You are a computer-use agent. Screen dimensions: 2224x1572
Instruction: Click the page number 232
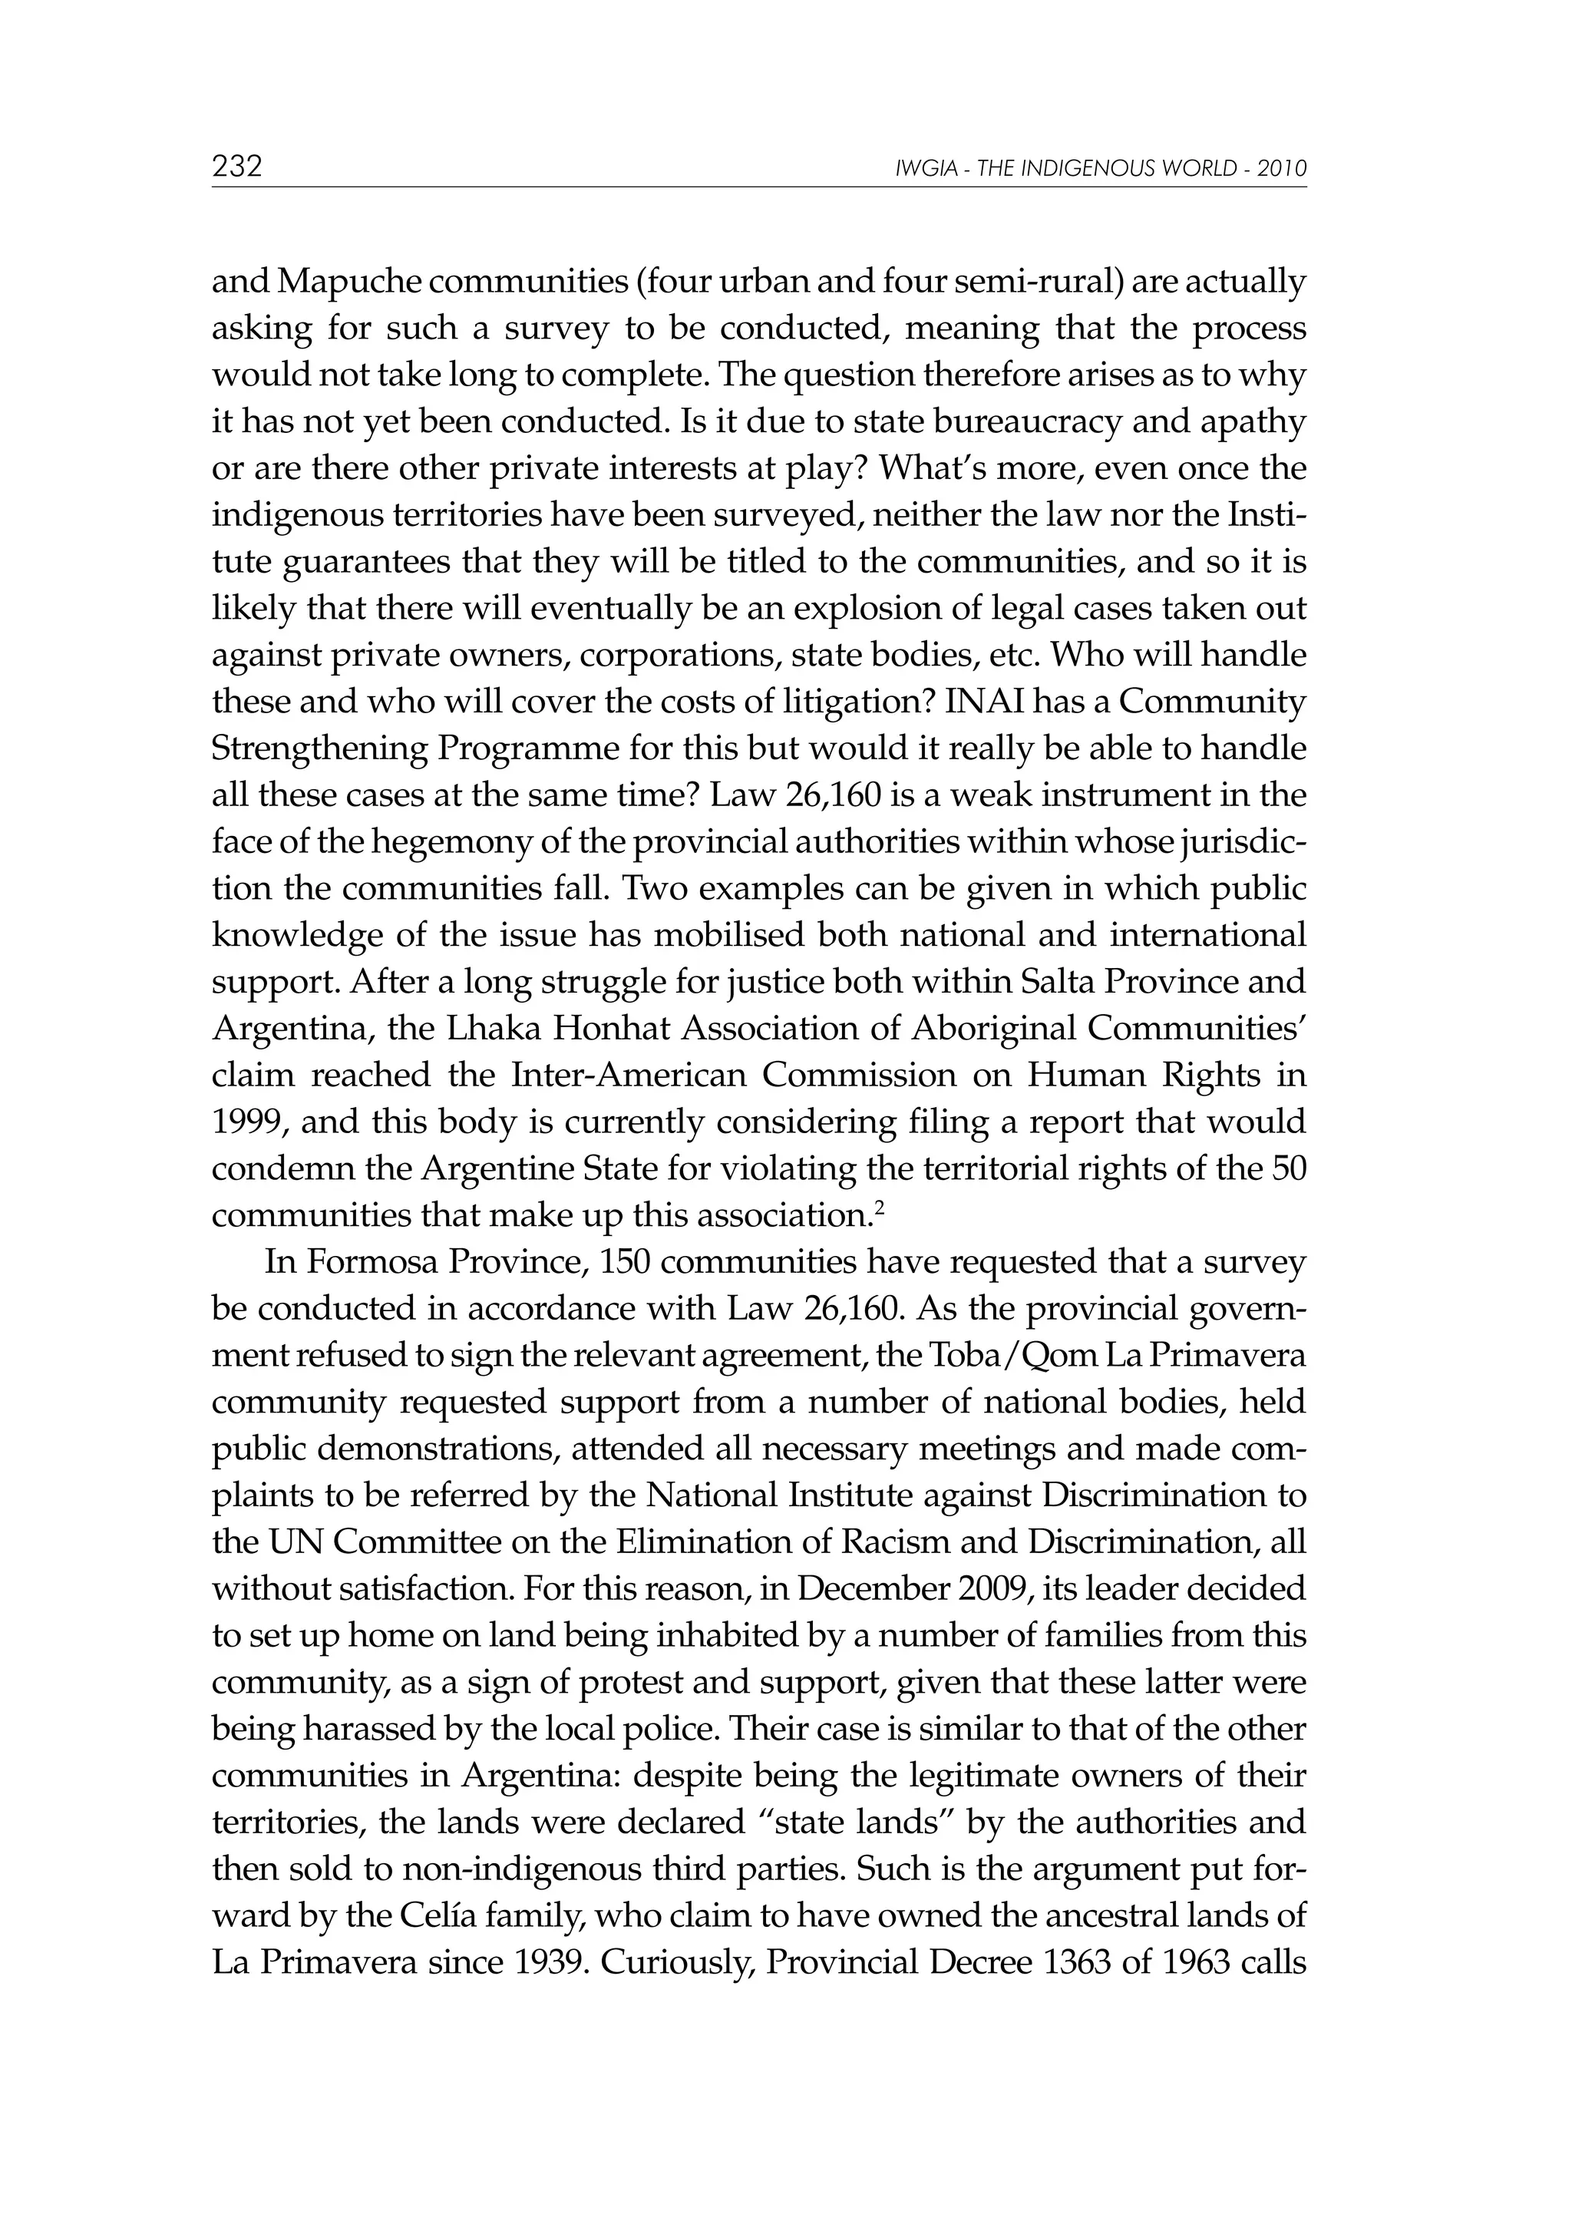pyautogui.click(x=237, y=167)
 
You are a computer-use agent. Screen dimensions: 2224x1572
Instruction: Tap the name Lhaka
pyautogui.click(x=485, y=1029)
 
